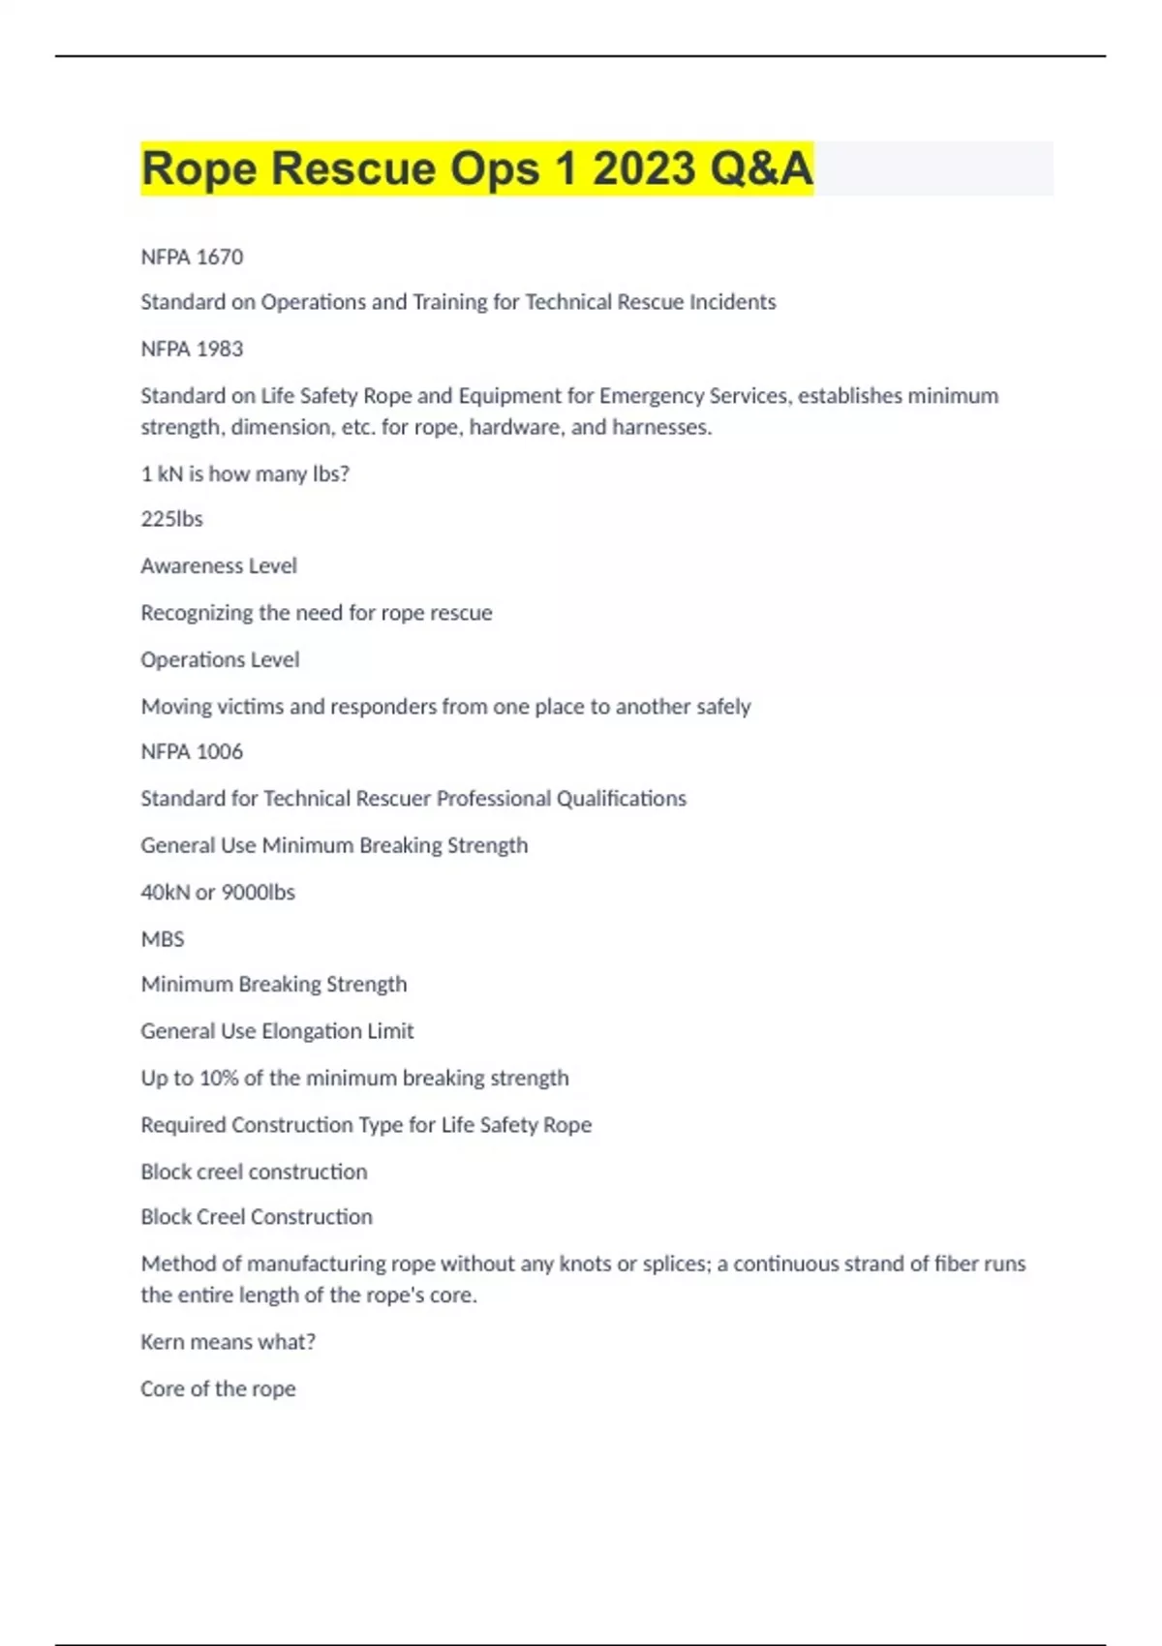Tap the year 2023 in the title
pos(644,168)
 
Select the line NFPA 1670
pos(192,257)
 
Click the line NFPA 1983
pos(192,349)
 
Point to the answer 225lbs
pos(171,519)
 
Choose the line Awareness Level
pos(219,565)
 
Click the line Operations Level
pos(220,659)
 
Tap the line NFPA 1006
pos(192,751)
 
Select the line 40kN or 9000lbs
pos(218,892)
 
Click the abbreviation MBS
pos(162,939)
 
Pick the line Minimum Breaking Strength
pos(274,984)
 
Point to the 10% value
pos(218,1078)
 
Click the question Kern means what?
pos(228,1342)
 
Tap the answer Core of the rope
pos(218,1388)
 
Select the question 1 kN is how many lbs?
pos(245,473)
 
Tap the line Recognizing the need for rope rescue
pos(317,613)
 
